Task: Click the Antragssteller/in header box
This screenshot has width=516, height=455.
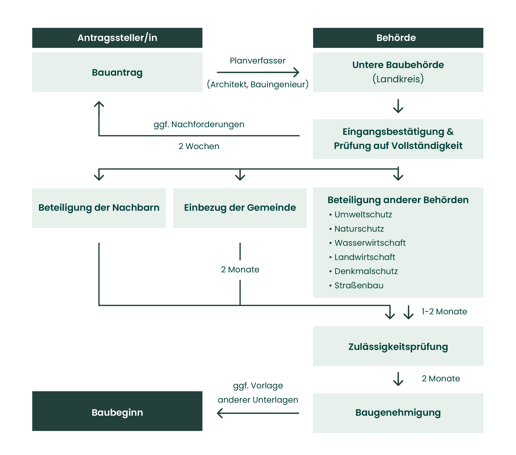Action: pos(117,38)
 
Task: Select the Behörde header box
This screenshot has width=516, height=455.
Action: pos(398,38)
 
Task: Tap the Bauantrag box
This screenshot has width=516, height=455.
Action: pos(117,72)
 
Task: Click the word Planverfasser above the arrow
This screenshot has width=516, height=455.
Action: pos(258,61)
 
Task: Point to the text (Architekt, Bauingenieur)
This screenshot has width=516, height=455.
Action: pos(258,84)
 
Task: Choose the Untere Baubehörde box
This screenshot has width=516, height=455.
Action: pos(398,72)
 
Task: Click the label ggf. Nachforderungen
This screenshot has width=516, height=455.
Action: pos(199,125)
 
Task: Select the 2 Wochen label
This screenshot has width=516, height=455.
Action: pos(199,146)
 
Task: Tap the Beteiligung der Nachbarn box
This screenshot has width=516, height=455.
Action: pos(99,208)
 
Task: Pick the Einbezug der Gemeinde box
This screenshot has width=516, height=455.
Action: pos(240,208)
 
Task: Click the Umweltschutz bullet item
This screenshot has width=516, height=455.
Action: pos(363,214)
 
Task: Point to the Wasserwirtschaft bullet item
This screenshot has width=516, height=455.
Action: pos(370,243)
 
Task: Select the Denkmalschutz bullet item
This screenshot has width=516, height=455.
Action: pos(366,271)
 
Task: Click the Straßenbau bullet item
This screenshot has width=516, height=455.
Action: pos(359,285)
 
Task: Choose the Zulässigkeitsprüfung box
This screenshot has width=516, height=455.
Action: pos(398,346)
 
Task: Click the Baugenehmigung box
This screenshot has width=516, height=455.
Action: pos(398,413)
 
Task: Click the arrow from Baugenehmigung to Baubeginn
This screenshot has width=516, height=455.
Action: pos(258,413)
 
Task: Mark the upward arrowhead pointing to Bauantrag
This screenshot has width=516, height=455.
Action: pos(99,104)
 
